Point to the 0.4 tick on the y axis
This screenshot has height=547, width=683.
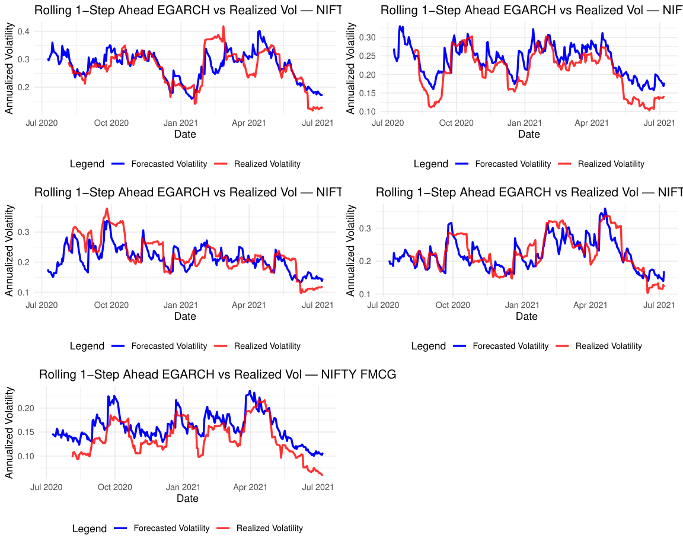[x=26, y=31]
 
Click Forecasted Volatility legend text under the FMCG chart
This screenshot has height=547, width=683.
[x=171, y=528]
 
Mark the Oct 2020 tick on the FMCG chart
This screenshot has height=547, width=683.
[x=114, y=487]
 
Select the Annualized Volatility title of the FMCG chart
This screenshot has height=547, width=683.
[x=9, y=432]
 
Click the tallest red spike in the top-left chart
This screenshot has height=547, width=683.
[x=224, y=27]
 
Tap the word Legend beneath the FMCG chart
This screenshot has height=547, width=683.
[x=90, y=529]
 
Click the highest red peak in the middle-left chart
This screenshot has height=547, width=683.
[x=107, y=209]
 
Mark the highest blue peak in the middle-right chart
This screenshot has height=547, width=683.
[x=605, y=209]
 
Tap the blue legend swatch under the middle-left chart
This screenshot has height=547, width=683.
[x=119, y=346]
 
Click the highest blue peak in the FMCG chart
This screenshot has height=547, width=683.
[x=250, y=391]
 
